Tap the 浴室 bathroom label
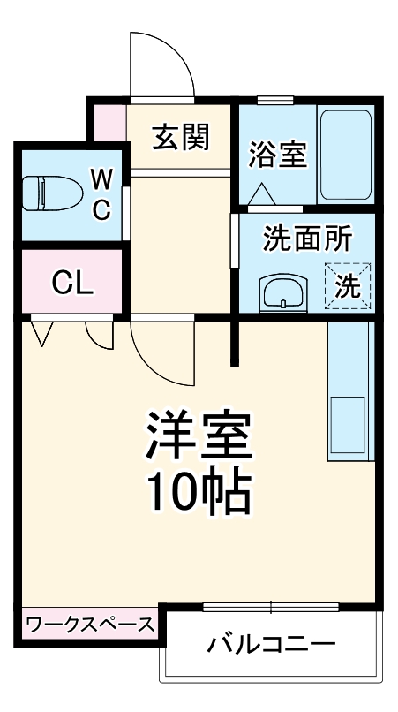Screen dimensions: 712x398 pos(276,155)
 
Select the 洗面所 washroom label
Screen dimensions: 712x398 pos(308,239)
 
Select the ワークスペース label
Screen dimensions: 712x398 pos(90,625)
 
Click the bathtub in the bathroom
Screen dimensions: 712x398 pos(346,155)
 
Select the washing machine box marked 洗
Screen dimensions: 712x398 pos(349,285)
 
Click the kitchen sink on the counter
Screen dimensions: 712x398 pos(348,426)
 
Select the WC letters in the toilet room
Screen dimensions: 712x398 pos(101,194)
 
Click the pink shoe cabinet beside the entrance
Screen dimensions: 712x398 pos(110,123)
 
